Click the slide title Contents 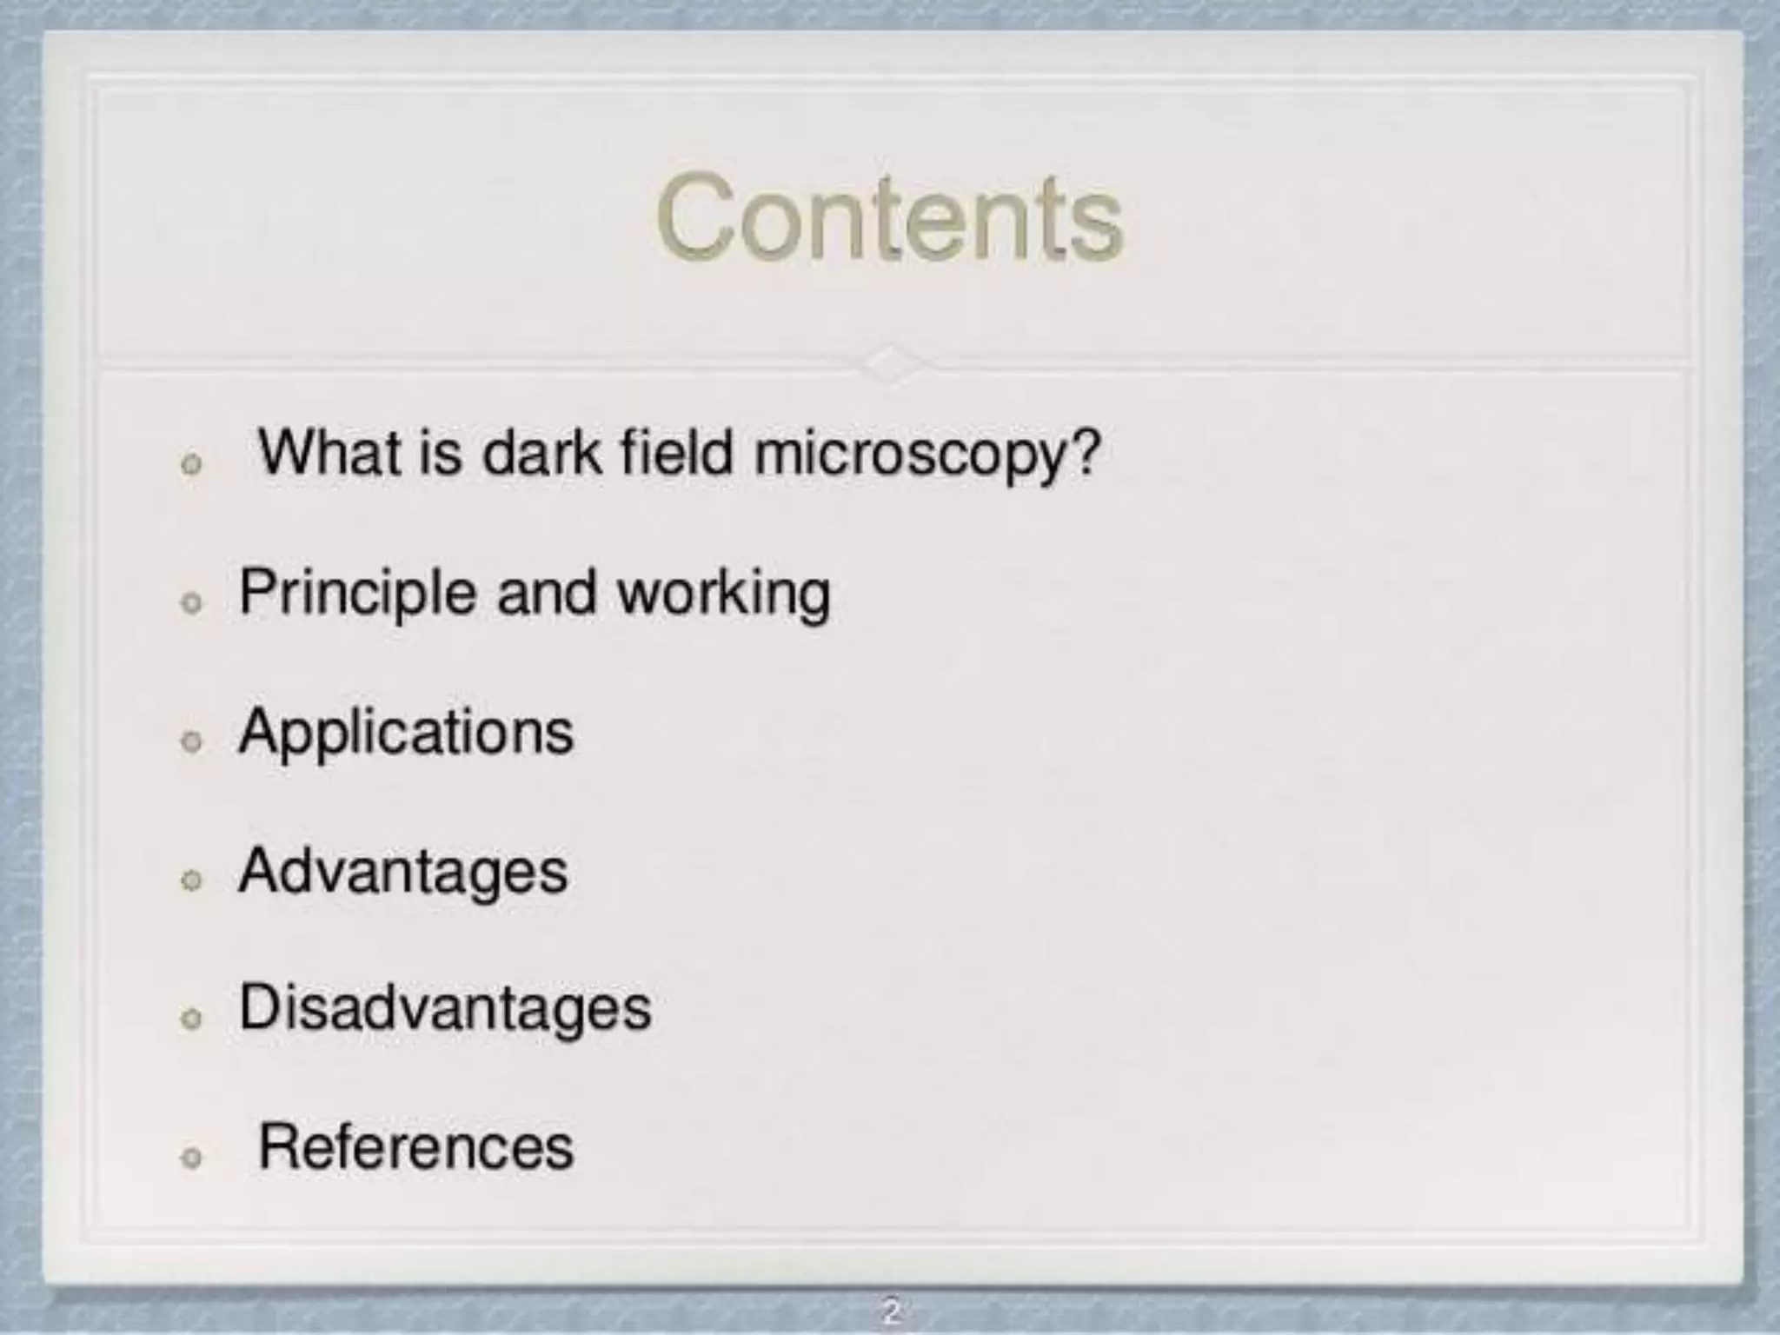tap(889, 217)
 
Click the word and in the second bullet tap(547, 593)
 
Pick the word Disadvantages tap(445, 1008)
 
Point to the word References tap(416, 1147)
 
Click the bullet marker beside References tap(191, 1157)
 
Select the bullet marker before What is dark tap(191, 463)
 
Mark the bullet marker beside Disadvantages tap(191, 1018)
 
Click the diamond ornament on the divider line tap(891, 363)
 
